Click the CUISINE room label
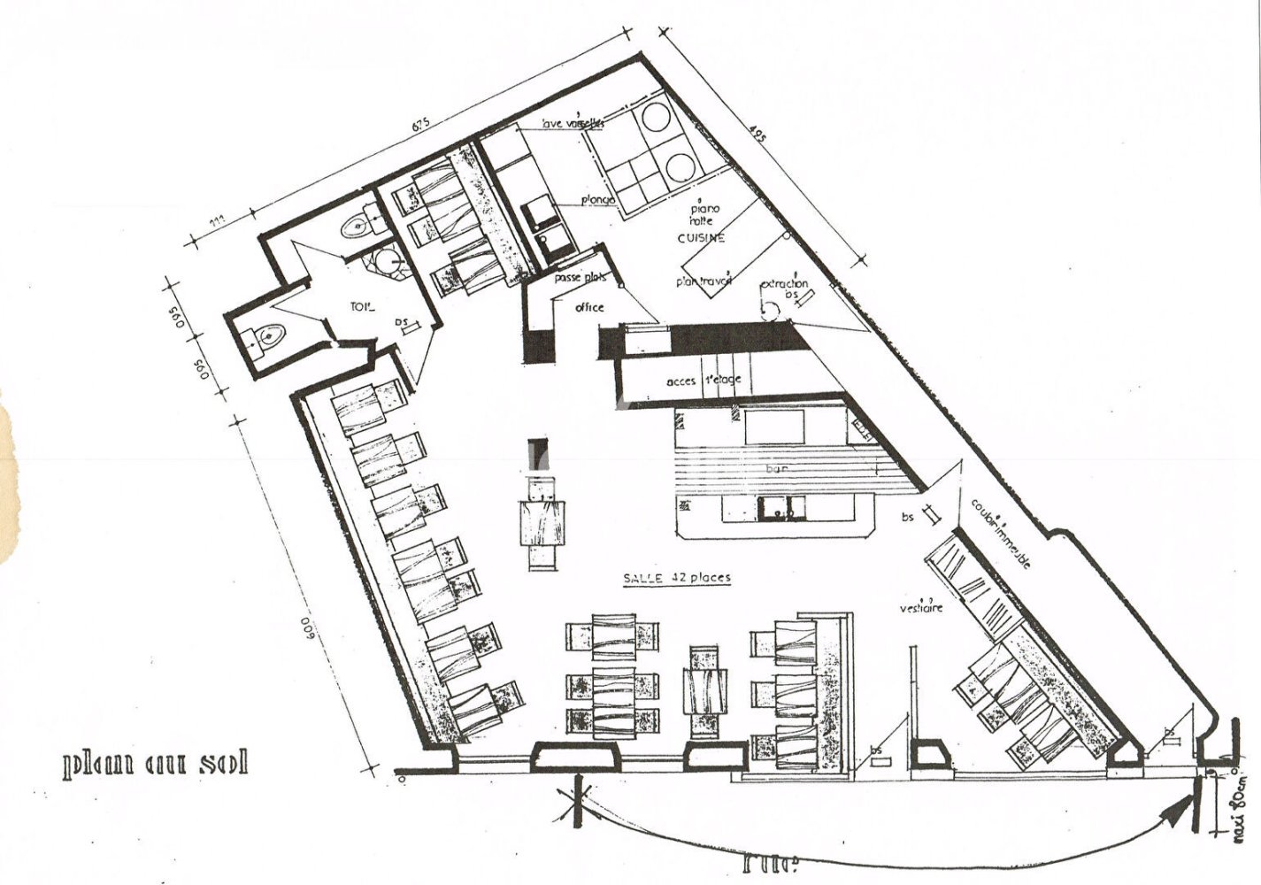701,237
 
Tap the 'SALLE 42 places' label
677,578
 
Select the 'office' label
589,307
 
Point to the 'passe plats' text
581,278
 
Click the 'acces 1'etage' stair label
704,380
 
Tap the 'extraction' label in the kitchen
785,284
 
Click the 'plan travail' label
704,281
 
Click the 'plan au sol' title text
156,763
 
